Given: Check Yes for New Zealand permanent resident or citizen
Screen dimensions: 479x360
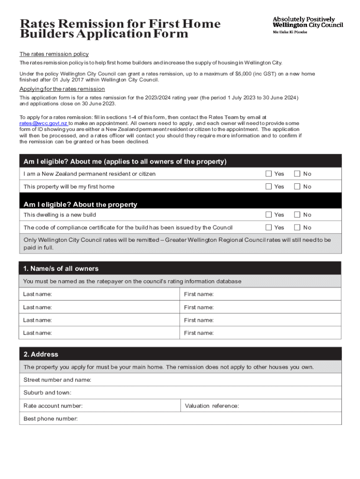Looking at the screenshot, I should pos(269,174).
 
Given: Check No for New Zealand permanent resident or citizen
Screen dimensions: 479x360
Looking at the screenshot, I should pos(297,174).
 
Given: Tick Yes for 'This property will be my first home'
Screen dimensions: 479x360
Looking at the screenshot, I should pos(269,186).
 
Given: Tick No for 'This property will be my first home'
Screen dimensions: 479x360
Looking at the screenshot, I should pos(297,186).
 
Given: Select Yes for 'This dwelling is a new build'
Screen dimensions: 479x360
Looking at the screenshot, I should pos(269,215).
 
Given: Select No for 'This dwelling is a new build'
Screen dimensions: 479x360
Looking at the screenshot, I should pos(297,215).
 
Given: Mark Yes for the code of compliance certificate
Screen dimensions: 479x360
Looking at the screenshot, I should pos(269,227).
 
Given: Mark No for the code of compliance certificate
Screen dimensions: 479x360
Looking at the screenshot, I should pos(297,227).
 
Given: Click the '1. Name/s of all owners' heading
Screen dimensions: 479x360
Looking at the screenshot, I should pos(61,269).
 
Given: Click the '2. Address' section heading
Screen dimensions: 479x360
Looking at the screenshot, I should pos(41,354).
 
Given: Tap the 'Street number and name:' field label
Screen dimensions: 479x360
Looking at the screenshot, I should pos(58,380).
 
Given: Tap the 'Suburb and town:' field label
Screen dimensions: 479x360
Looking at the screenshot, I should pos(48,392).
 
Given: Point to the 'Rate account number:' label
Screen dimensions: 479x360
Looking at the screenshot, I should pos(53,406).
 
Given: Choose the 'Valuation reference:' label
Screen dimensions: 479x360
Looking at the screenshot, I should pos(212,406).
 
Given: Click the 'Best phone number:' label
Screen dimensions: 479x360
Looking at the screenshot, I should pos(50,418).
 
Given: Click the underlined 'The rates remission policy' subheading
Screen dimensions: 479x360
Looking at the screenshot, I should pos(54,54).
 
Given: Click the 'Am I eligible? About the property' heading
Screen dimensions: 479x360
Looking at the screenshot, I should pos(80,204).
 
